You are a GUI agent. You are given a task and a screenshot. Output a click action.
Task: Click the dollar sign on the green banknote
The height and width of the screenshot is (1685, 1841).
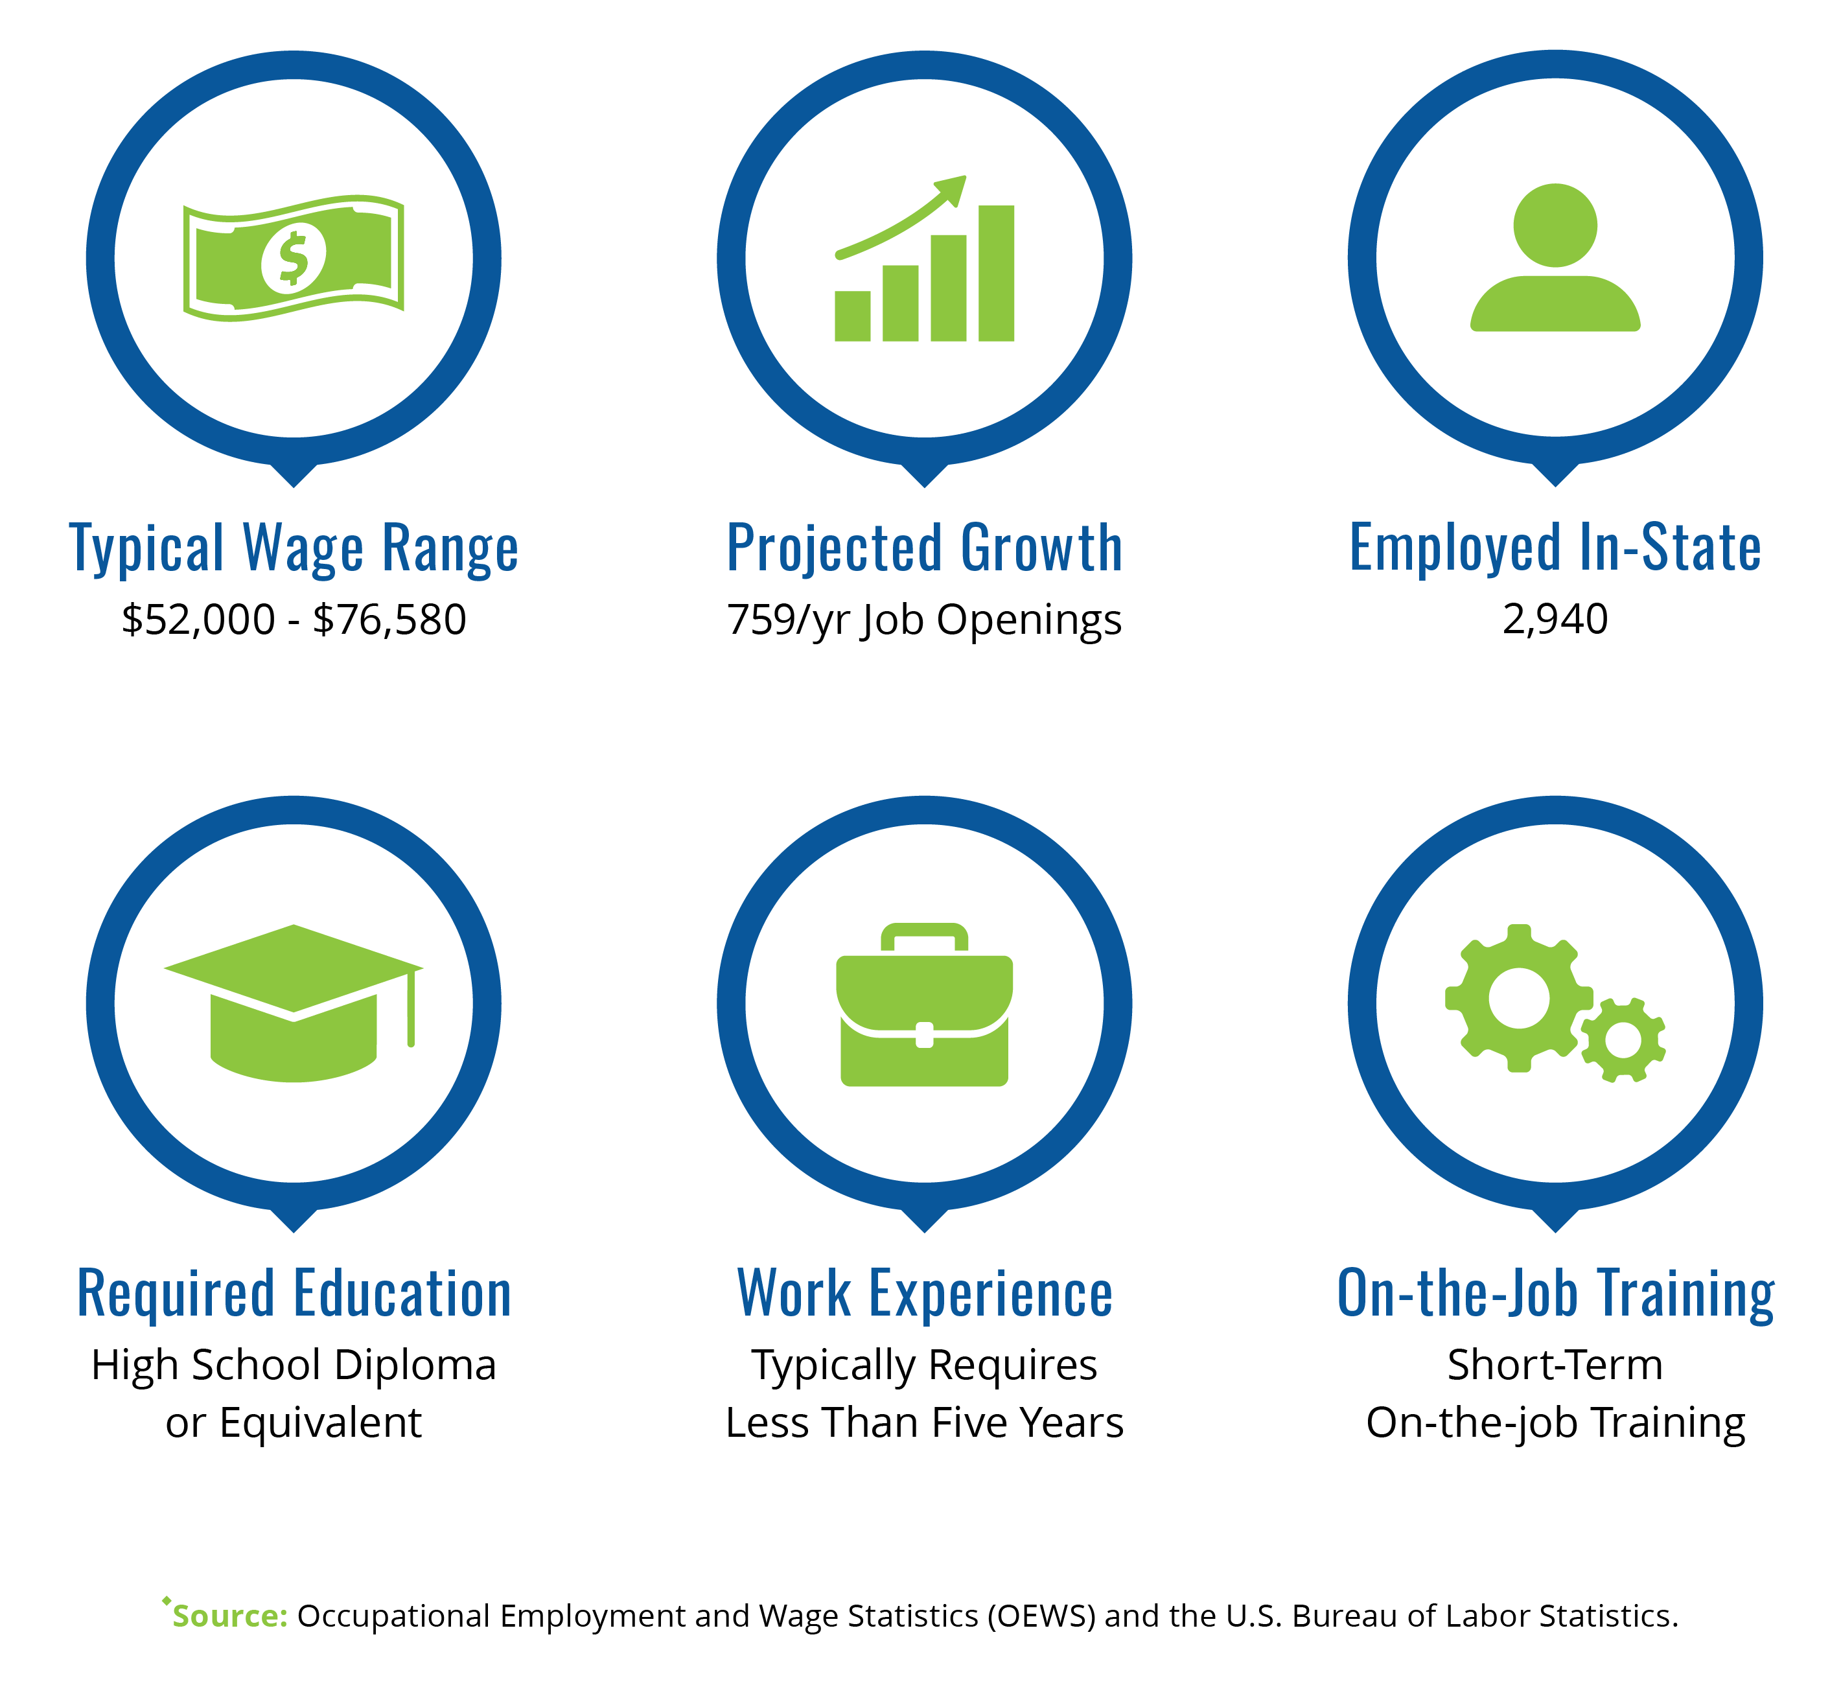[293, 259]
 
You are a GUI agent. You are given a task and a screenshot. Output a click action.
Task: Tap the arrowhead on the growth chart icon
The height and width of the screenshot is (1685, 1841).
[951, 189]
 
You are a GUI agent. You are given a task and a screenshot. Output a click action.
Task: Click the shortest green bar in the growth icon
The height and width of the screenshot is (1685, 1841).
[852, 316]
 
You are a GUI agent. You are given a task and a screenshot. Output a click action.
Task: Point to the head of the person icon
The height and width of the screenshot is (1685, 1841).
[1555, 226]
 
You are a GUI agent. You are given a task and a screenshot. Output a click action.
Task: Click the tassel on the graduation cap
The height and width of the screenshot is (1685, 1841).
[411, 1007]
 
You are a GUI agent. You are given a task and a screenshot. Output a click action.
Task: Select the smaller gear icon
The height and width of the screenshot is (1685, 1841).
[1623, 1040]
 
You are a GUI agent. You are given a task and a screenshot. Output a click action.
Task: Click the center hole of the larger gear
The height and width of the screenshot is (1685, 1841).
[1519, 998]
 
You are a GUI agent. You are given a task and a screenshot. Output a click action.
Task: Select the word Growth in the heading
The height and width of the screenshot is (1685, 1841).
[1041, 548]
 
